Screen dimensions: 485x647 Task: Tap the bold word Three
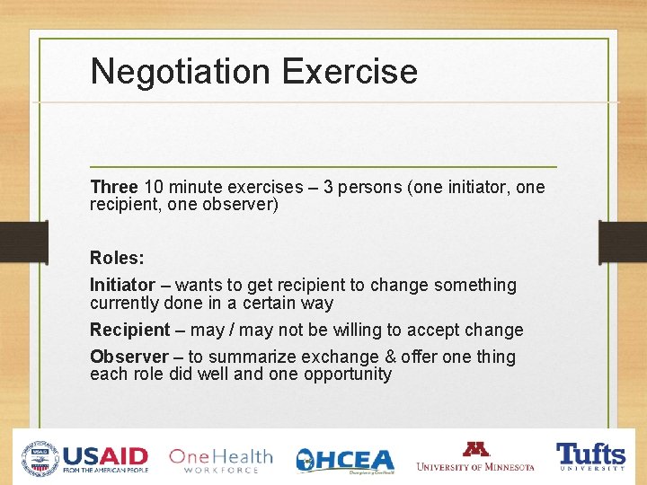[113, 187]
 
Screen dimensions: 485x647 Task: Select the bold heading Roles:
[117, 258]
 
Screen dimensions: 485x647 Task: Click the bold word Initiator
[122, 285]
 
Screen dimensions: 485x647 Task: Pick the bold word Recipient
[129, 330]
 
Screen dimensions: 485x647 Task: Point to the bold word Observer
[129, 357]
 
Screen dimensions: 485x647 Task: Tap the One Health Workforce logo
[220, 458]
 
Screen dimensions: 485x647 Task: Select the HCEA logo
[345, 459]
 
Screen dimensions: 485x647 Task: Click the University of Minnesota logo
[475, 457]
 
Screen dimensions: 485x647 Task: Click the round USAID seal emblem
[41, 457]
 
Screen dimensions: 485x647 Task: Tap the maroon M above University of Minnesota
[475, 449]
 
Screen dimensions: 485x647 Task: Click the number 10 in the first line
[154, 187]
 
